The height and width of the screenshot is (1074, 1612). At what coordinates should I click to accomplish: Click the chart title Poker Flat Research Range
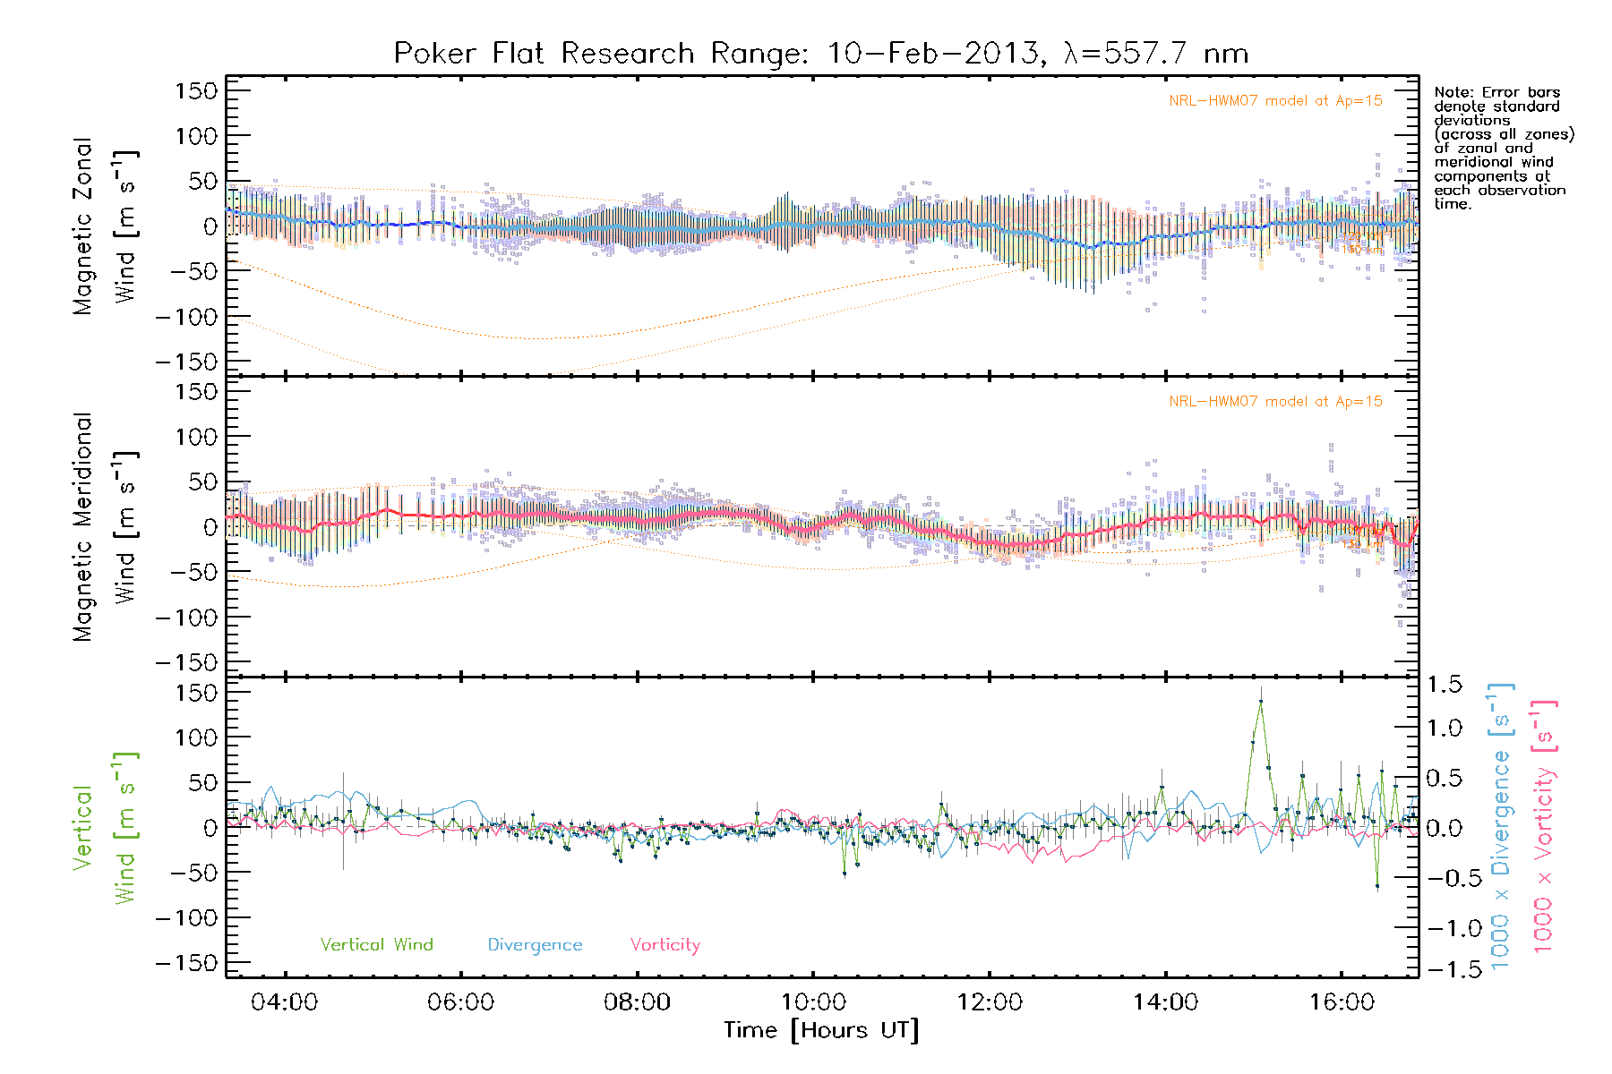(x=820, y=54)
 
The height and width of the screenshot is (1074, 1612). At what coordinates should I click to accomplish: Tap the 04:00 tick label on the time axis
(x=284, y=1002)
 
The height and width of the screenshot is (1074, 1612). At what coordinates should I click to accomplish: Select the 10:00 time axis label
(x=813, y=1002)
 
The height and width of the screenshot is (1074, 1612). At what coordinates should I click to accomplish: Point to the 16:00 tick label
(x=1342, y=1002)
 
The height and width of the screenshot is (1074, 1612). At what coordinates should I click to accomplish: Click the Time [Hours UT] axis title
(x=821, y=1031)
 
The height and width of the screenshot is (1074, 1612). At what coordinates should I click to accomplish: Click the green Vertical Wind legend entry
(x=376, y=944)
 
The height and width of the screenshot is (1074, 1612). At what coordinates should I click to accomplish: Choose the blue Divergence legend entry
(x=535, y=944)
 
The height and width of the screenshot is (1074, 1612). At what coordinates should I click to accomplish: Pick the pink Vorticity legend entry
(x=665, y=944)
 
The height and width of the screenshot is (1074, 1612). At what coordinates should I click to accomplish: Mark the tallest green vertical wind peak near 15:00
(x=1260, y=703)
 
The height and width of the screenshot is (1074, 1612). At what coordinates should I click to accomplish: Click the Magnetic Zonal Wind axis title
(x=106, y=226)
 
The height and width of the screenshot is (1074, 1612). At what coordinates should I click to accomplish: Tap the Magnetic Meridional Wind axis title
(x=106, y=527)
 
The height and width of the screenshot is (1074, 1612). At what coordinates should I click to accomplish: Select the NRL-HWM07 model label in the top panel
(x=1275, y=101)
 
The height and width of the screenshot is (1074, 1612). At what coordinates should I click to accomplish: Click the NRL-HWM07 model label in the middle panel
(x=1275, y=402)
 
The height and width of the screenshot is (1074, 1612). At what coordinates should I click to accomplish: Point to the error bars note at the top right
(x=1503, y=148)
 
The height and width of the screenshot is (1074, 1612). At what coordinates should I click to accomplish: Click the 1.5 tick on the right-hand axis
(x=1444, y=685)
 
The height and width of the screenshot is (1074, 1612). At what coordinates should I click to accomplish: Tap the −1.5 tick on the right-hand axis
(x=1444, y=969)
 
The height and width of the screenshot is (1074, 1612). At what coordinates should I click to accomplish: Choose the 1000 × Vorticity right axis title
(x=1544, y=828)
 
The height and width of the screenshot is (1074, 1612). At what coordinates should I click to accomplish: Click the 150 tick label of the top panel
(x=196, y=90)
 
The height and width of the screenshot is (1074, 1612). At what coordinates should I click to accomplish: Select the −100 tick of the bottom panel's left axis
(x=186, y=918)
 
